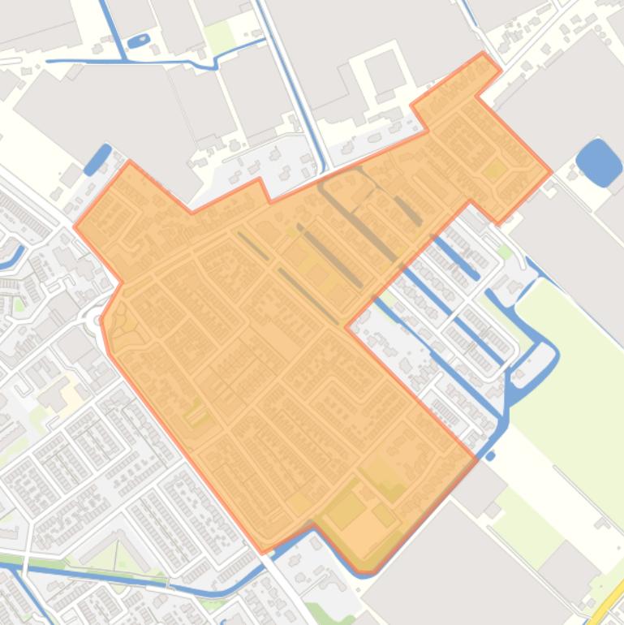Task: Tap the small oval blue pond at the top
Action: coord(139,40)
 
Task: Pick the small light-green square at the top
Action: coord(219,37)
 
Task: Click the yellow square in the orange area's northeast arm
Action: coord(494,169)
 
